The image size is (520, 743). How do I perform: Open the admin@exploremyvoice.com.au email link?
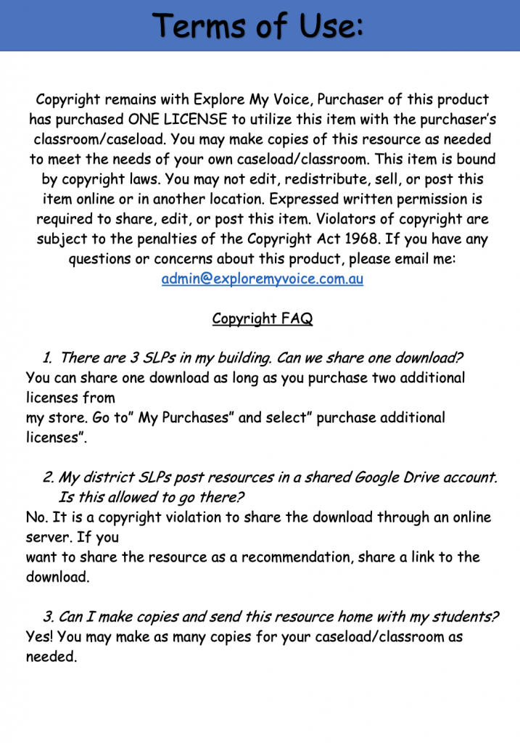tap(262, 279)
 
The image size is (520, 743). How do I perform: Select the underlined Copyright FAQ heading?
tap(262, 319)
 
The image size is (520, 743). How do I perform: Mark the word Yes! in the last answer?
tap(40, 637)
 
